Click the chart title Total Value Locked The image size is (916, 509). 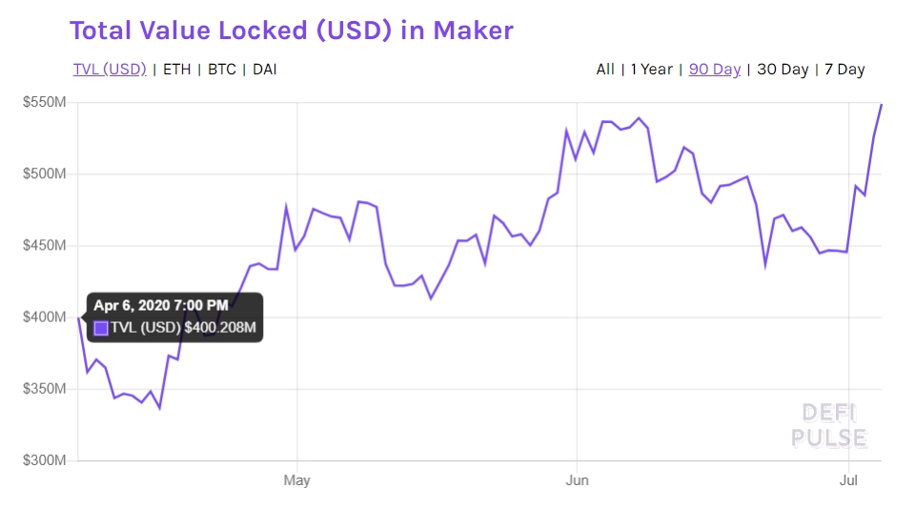tap(291, 31)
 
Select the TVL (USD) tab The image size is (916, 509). tap(110, 70)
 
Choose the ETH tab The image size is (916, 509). tap(176, 70)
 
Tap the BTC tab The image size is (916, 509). tap(222, 70)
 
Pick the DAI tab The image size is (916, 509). tap(265, 70)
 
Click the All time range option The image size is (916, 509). tap(605, 70)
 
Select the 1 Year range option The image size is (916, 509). tap(652, 70)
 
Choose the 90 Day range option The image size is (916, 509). tap(714, 70)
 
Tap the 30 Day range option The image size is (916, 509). tap(783, 70)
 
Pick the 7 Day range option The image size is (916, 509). tap(845, 70)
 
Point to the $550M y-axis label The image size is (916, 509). tap(44, 102)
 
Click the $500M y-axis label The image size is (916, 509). tap(44, 173)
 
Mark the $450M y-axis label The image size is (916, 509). tap(44, 245)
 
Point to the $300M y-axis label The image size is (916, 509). tap(44, 460)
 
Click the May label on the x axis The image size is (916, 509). tap(297, 479)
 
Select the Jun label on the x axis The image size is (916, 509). tap(576, 479)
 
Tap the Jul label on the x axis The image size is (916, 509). tap(848, 479)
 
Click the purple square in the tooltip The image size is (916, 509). tap(101, 329)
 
